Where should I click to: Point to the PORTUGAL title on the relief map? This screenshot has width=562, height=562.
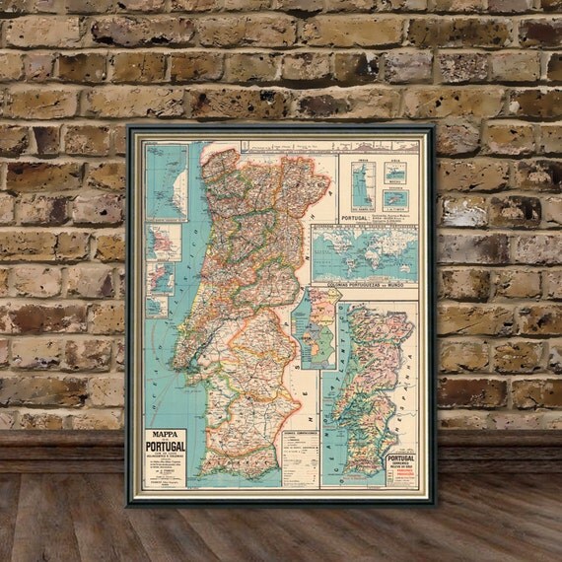(400, 459)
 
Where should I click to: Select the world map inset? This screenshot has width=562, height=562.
(364, 254)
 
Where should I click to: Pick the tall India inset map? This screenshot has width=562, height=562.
(362, 184)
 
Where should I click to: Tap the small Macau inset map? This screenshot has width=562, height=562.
(395, 173)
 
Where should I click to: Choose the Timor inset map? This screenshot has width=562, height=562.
(395, 199)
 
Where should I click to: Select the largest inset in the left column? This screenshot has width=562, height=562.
(166, 181)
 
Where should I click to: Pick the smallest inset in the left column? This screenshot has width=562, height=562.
(156, 307)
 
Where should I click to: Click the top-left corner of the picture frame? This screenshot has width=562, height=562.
(127, 124)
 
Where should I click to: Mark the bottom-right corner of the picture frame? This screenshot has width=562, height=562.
(435, 504)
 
